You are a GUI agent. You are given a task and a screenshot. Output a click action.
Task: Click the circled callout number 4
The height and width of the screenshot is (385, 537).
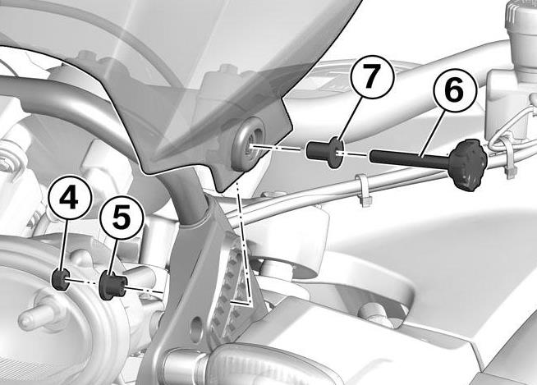tap(71, 197)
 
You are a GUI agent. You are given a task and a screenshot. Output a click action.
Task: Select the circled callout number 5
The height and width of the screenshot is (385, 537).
tap(122, 218)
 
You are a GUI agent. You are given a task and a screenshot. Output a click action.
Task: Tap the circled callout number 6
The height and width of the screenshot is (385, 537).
tap(455, 89)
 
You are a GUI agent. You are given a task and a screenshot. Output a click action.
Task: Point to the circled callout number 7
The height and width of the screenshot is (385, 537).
tap(372, 77)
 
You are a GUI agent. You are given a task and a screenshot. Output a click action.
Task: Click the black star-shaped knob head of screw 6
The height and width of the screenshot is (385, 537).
tap(468, 163)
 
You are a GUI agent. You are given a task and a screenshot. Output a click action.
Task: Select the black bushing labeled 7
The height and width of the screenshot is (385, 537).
tap(324, 151)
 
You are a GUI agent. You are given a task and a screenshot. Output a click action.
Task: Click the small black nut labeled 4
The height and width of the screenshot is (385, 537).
tap(61, 279)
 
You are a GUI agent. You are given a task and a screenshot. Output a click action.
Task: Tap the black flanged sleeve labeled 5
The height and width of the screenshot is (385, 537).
tap(112, 285)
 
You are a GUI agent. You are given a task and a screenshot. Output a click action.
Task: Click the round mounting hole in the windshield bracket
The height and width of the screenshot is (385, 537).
tap(248, 142)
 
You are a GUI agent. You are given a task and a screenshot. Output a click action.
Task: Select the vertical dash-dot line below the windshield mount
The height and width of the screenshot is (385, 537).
tap(245, 241)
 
